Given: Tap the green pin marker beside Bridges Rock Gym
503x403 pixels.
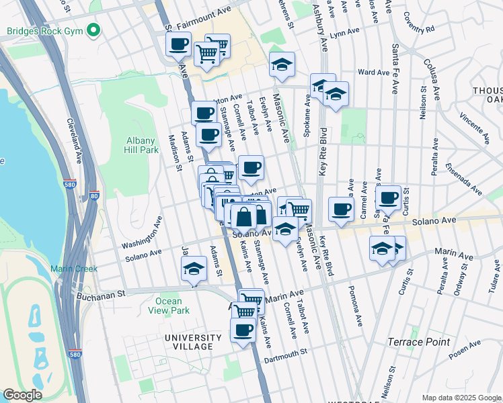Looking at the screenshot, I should [93, 31].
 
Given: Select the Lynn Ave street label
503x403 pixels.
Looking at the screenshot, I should [344, 32].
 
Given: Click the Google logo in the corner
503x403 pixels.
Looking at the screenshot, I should [22, 396].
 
